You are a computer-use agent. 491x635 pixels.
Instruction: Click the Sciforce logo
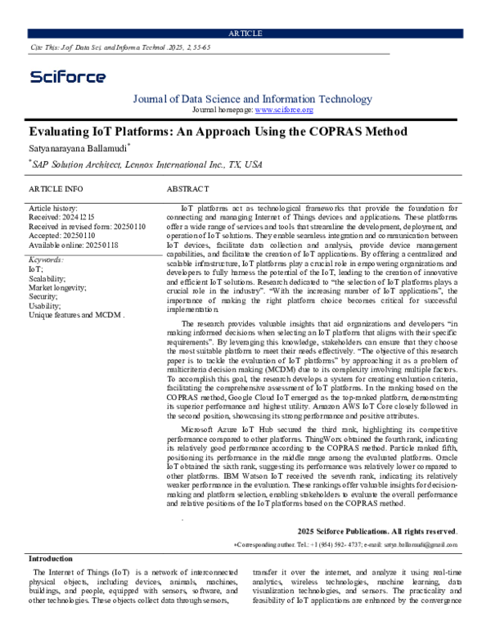tap(68, 77)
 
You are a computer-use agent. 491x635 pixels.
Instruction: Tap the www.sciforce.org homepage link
tap(284, 110)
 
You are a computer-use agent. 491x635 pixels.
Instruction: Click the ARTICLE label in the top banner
tap(245, 33)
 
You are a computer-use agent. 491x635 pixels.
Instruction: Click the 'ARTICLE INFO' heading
tap(56, 189)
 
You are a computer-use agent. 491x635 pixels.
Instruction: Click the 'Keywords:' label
tap(46, 259)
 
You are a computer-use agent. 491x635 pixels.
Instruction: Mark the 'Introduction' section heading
tap(52, 558)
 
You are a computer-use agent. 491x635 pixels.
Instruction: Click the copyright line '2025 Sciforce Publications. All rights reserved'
tap(377, 531)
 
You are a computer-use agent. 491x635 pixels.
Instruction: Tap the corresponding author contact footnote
tap(346, 543)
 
